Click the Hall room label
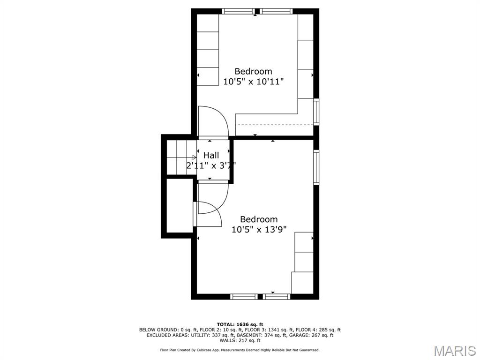click(211, 155)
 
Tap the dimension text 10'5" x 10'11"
click(254, 82)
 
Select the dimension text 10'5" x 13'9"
click(259, 229)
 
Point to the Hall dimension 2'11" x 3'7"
click(211, 165)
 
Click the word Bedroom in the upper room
click(254, 71)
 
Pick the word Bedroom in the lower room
click(259, 219)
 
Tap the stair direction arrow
click(193, 157)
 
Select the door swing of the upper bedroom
click(213, 121)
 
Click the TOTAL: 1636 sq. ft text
click(240, 324)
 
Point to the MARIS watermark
click(454, 351)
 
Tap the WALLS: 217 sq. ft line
click(240, 340)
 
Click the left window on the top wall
click(238, 11)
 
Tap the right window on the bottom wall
click(277, 296)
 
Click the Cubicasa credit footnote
click(240, 350)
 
